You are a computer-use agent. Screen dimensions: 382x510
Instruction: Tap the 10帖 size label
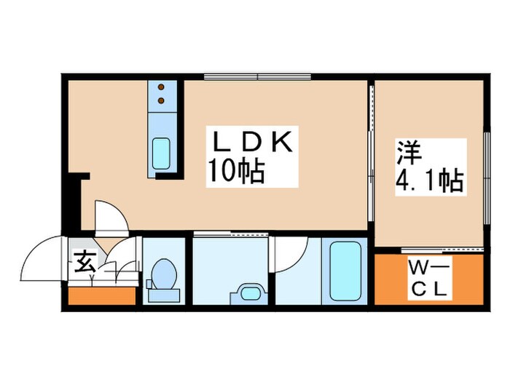click(235, 172)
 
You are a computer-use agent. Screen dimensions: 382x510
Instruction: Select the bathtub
click(346, 269)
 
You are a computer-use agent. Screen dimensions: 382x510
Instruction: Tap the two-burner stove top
click(162, 92)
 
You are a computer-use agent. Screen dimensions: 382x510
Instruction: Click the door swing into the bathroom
click(295, 251)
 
